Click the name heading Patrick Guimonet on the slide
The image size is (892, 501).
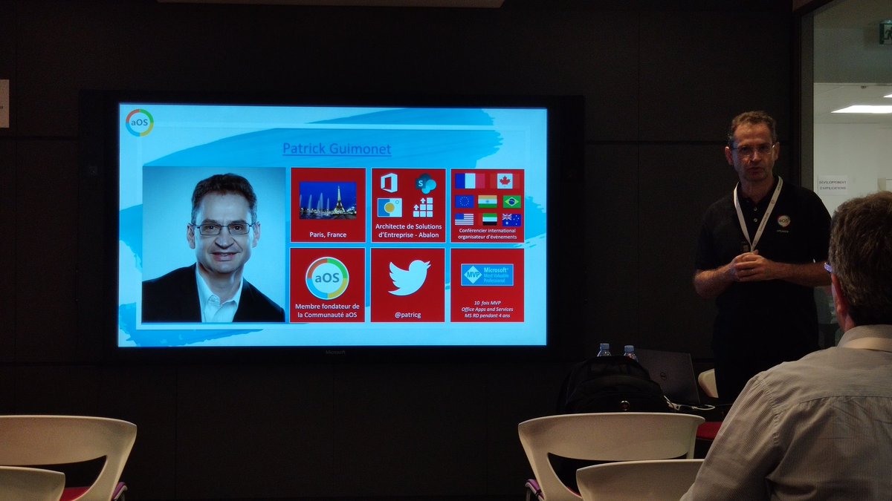coord(337,148)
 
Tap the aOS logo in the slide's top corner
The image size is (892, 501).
coord(139,122)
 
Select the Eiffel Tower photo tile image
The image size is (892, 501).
coord(328,200)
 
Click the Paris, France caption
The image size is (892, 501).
coord(328,235)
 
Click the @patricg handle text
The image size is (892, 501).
coord(408,315)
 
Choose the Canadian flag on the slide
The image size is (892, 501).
coord(505,181)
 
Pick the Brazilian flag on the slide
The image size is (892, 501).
coord(511,201)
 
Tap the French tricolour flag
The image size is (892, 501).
coord(469,181)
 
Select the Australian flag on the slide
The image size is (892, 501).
coord(511,220)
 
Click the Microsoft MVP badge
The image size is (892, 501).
coord(487,275)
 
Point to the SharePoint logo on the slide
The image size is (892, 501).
coord(426,183)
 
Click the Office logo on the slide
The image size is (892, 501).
coord(389,183)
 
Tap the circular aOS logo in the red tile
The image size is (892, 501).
coord(327,278)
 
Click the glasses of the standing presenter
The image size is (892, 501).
coord(753,149)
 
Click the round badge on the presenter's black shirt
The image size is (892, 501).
coord(783,220)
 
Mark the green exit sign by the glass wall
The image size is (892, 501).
coord(885,32)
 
